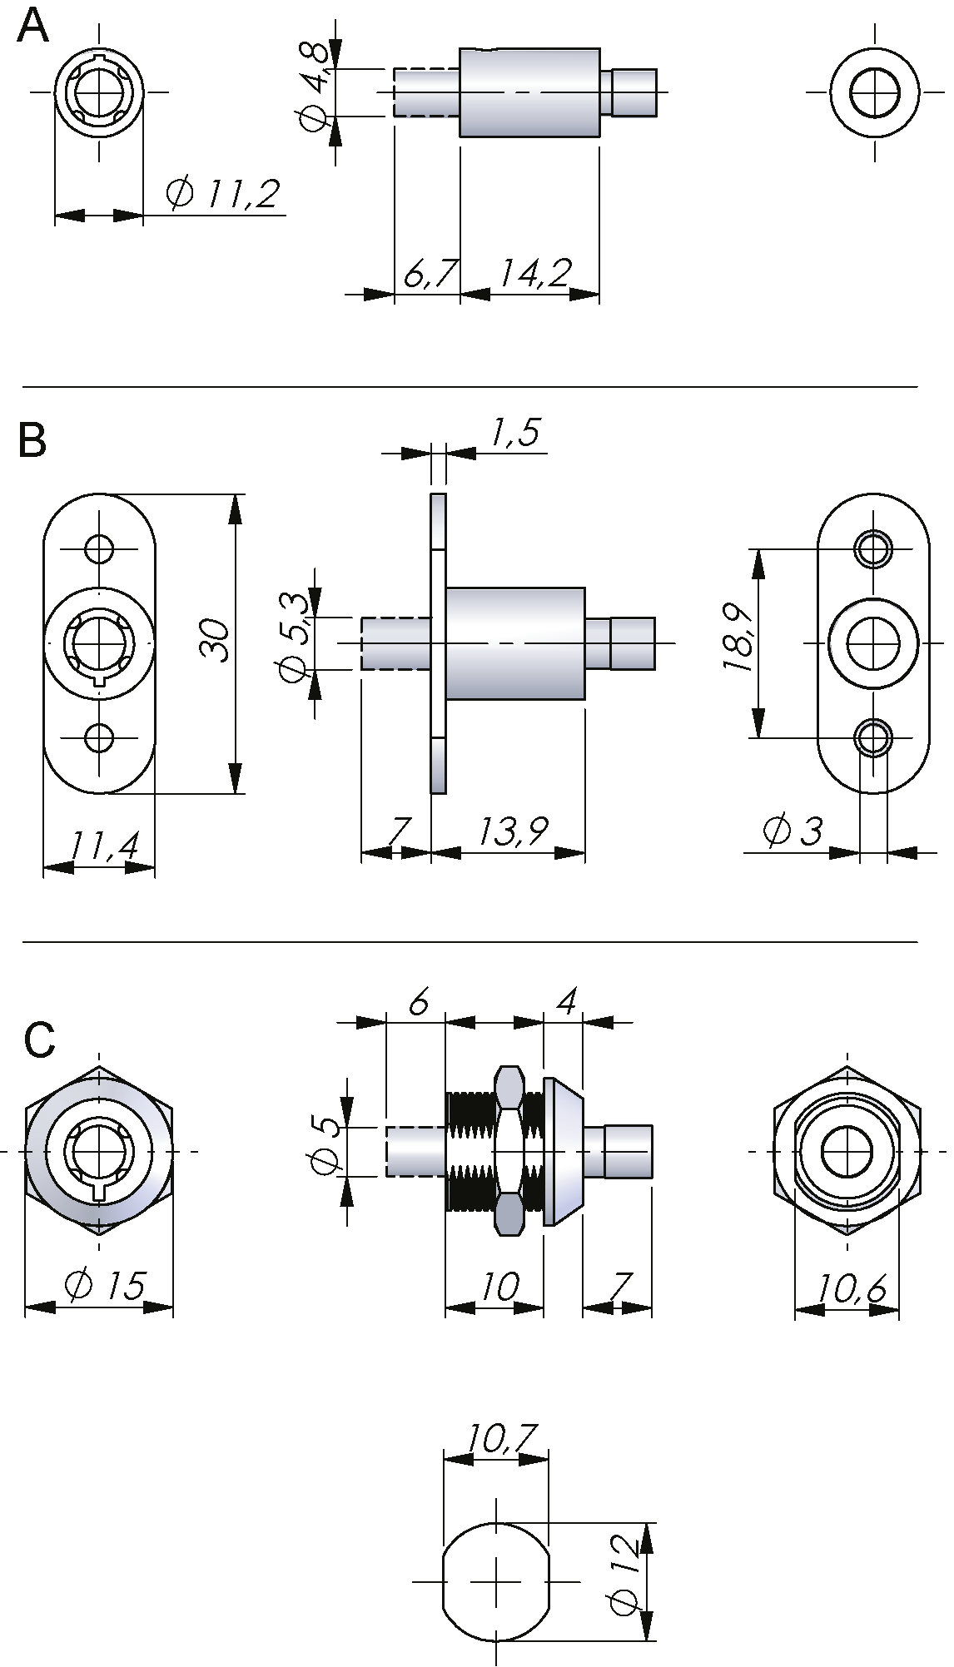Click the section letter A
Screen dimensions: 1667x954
34,27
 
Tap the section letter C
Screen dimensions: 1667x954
39,1040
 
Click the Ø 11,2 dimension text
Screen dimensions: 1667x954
222,194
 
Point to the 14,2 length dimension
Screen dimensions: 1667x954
535,273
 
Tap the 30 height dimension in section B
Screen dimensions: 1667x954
215,640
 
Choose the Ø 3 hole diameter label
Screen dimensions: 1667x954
792,831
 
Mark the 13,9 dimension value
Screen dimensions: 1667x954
514,831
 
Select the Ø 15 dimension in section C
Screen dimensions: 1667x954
105,1285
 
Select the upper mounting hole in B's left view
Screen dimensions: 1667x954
99,548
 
